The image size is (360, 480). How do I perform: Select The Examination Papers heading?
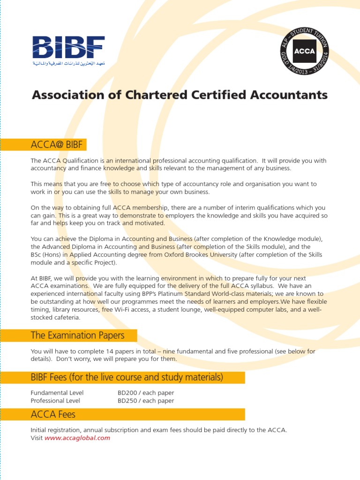pyautogui.click(x=77, y=335)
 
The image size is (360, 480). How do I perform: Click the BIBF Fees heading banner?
pyautogui.click(x=127, y=377)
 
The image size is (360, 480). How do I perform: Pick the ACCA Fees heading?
pyautogui.click(x=53, y=414)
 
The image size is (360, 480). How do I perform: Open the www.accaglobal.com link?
pyautogui.click(x=77, y=438)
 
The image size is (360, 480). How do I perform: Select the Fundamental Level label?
pyautogui.click(x=57, y=393)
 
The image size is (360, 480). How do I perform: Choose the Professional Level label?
pyautogui.click(x=55, y=401)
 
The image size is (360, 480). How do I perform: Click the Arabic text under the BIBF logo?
pyautogui.click(x=68, y=63)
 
